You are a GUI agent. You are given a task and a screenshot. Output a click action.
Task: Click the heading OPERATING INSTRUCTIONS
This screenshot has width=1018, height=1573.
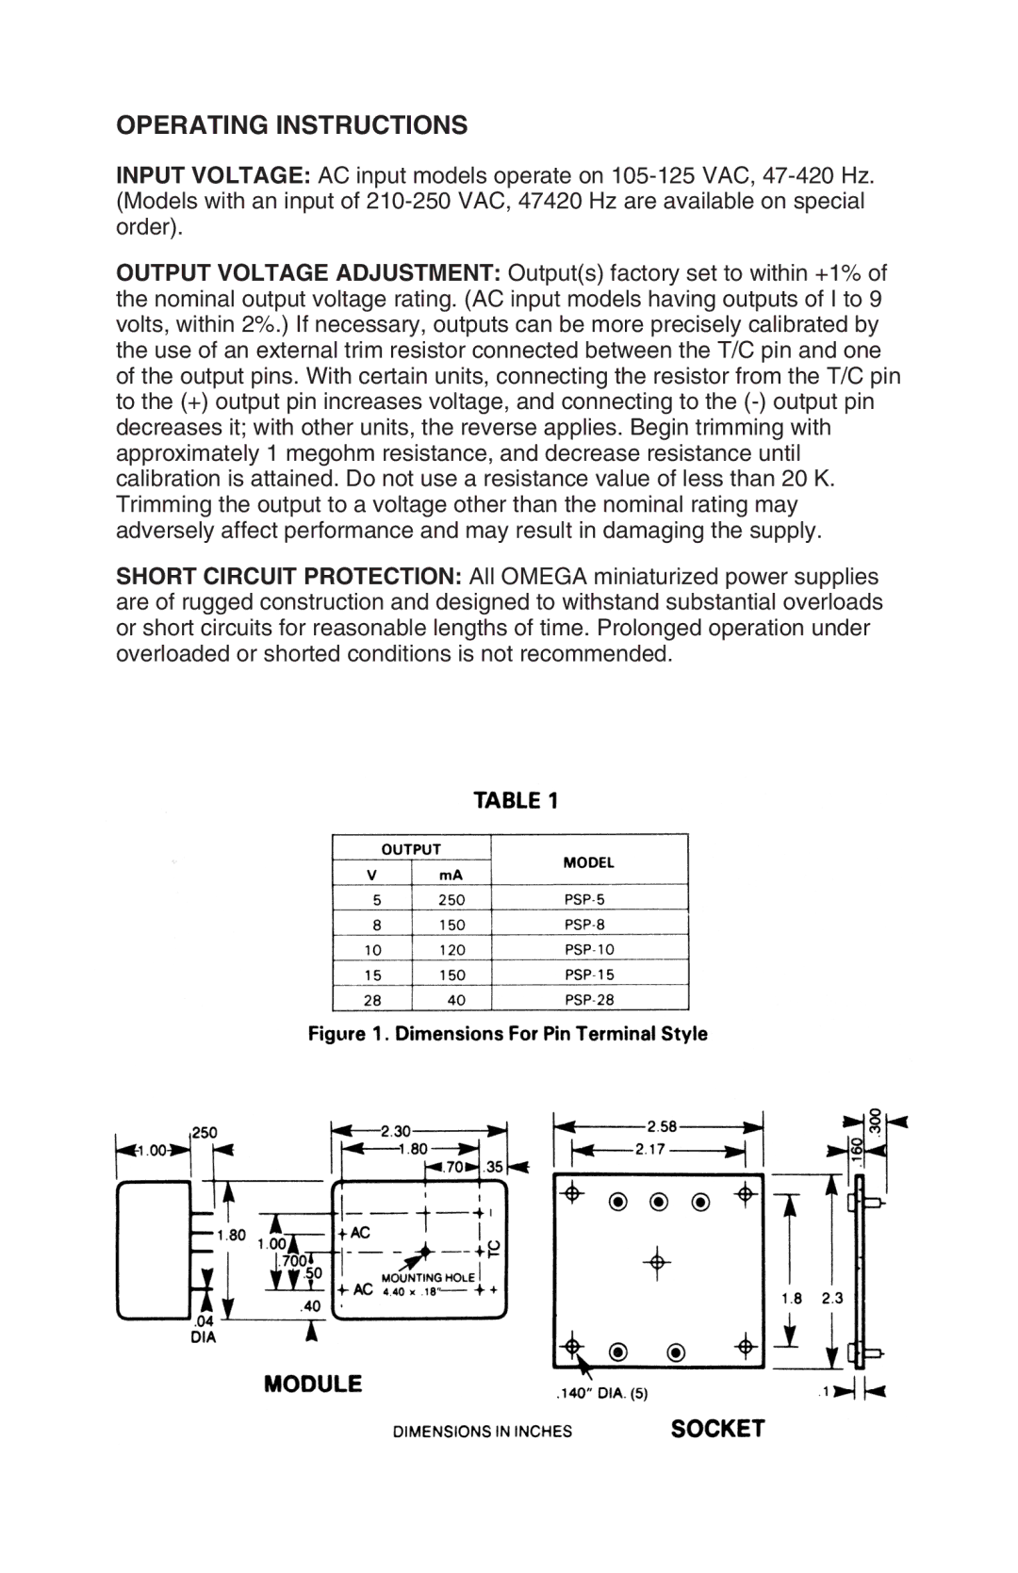coord(291,125)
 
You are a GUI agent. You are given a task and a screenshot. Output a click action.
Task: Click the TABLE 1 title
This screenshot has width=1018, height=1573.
coord(516,801)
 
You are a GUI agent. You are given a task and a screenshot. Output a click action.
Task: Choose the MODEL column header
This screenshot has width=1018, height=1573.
coord(589,861)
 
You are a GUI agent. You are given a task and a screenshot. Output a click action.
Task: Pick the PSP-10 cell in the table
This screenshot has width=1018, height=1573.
coord(589,950)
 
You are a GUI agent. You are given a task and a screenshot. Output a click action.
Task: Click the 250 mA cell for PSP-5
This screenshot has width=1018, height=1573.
coord(452,900)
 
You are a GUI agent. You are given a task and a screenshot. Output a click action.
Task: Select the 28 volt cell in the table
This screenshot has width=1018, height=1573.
coord(372,1000)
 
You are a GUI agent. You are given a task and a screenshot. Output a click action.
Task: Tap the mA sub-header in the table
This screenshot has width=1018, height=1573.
coord(452,875)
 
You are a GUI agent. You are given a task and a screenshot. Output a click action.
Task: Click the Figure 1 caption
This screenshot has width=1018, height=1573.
coord(508,1034)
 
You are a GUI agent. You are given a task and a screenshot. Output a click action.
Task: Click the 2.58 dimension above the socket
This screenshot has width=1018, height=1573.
coord(662,1126)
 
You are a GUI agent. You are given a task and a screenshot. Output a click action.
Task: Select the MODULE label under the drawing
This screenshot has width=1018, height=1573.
coord(313,1384)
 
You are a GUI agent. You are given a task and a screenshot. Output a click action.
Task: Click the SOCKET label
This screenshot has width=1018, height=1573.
coord(717,1429)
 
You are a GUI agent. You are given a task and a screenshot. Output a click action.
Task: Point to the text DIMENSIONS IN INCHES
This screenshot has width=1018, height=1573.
coord(483,1432)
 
